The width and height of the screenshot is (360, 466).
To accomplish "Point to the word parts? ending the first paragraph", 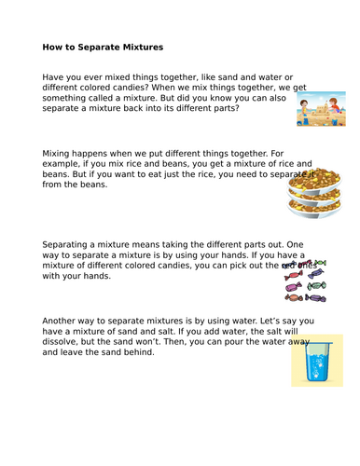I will (x=247, y=108).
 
